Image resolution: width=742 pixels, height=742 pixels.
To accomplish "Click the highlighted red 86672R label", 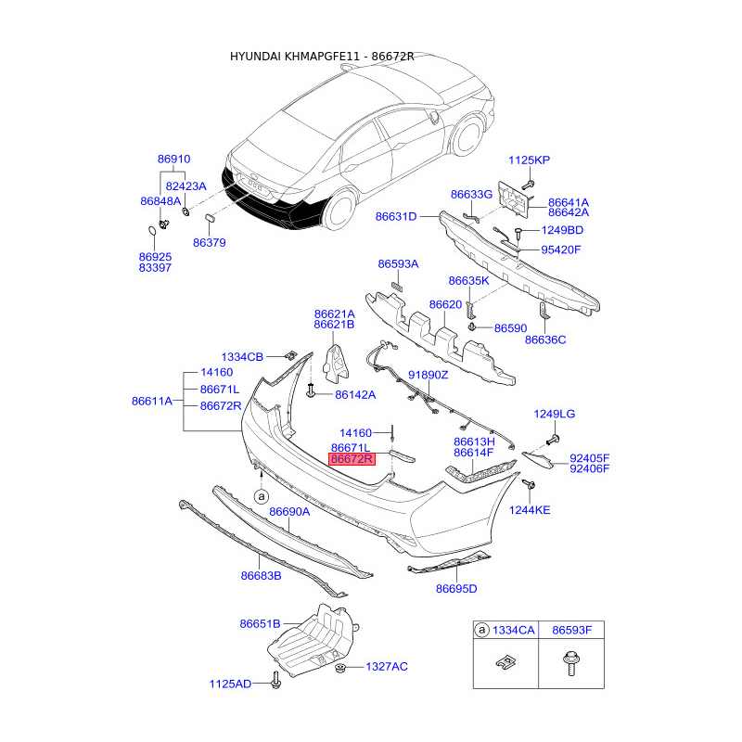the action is [x=352, y=459].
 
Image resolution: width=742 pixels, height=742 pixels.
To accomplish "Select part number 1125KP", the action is [x=529, y=160].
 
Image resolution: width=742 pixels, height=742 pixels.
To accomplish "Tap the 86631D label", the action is [x=396, y=217].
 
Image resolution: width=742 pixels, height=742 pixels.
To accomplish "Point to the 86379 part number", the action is [x=210, y=243].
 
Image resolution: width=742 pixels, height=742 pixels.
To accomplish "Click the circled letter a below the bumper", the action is [x=262, y=497].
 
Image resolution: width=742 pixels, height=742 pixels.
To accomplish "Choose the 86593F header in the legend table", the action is [x=571, y=631].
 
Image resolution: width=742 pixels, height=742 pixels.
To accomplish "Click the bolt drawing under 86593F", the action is [x=571, y=663].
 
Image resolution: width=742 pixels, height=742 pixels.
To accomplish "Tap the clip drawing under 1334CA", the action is [x=505, y=661].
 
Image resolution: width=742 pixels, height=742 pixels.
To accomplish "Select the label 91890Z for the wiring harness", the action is [x=429, y=376].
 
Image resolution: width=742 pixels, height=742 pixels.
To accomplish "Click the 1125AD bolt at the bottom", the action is [x=275, y=682].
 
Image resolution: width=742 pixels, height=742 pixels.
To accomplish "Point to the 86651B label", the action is [x=261, y=624].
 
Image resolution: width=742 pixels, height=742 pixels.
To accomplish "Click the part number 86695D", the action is [x=456, y=589].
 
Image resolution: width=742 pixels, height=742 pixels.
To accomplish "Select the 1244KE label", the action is [x=530, y=510].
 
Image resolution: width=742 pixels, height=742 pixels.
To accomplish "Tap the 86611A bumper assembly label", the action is [x=152, y=402].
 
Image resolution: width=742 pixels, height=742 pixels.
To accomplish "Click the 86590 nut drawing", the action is [x=471, y=326].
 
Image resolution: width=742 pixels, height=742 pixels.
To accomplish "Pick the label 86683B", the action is [x=261, y=576].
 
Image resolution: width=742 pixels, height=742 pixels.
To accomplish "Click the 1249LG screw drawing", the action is [x=553, y=440].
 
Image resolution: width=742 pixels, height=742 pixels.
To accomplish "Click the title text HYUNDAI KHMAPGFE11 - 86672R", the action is [x=322, y=57].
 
